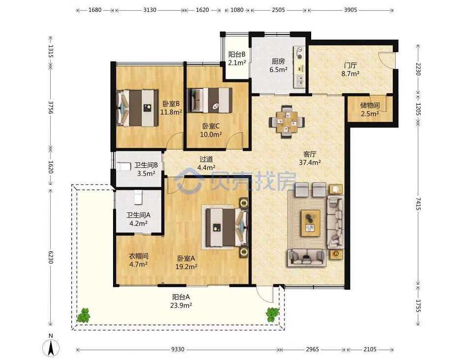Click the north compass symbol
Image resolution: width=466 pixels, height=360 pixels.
tap(51, 345)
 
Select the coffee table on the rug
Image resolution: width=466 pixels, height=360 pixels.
tap(311, 223)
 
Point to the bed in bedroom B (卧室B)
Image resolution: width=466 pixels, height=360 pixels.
tap(137, 108)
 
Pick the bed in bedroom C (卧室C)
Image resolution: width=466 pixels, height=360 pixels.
tap(209, 100)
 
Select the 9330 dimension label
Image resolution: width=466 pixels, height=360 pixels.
tap(178, 349)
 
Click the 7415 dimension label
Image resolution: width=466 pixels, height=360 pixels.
tap(418, 204)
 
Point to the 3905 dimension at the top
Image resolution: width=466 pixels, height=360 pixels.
tap(350, 10)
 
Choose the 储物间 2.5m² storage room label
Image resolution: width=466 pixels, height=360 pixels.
tap(370, 109)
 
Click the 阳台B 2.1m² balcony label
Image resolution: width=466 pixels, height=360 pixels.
tap(237, 59)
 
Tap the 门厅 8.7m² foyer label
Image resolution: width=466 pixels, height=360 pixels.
tap(350, 69)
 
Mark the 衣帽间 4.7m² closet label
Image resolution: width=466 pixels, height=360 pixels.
tap(139, 260)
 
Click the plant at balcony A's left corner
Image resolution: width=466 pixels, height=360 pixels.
tap(84, 315)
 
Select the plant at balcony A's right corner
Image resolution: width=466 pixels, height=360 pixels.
tap(272, 315)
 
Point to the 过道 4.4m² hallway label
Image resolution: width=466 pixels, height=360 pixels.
tap(206, 163)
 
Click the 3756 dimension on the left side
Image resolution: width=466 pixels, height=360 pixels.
tap(51, 108)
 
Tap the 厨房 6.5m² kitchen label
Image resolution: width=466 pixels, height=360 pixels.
tap(278, 65)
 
